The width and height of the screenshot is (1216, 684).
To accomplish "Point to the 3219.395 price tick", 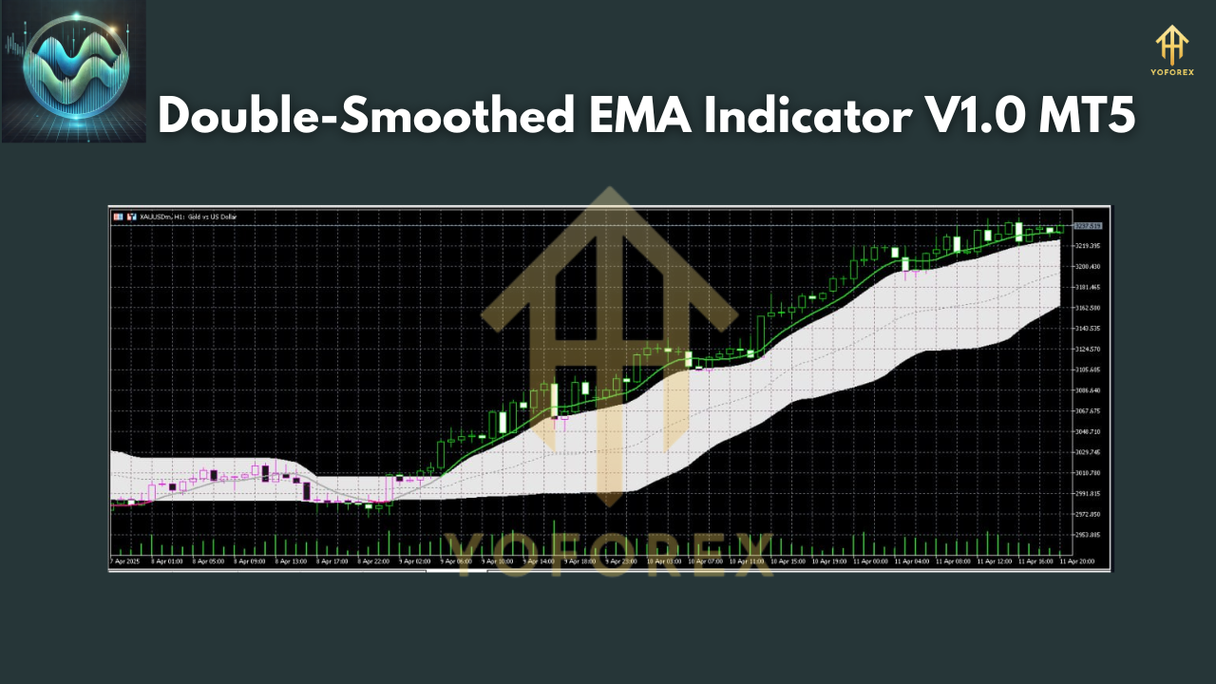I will pos(1087,246).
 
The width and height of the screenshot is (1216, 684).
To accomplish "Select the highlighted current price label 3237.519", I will pos(1088,226).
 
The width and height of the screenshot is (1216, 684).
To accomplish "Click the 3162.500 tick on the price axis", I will pos(1087,308).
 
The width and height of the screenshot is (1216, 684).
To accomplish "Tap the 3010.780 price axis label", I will pos(1087,473).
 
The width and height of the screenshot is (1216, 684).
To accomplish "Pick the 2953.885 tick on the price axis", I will pos(1087,535).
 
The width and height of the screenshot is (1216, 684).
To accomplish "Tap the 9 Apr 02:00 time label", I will pos(414,561).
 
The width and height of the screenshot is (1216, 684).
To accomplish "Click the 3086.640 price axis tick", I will pos(1087,390).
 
